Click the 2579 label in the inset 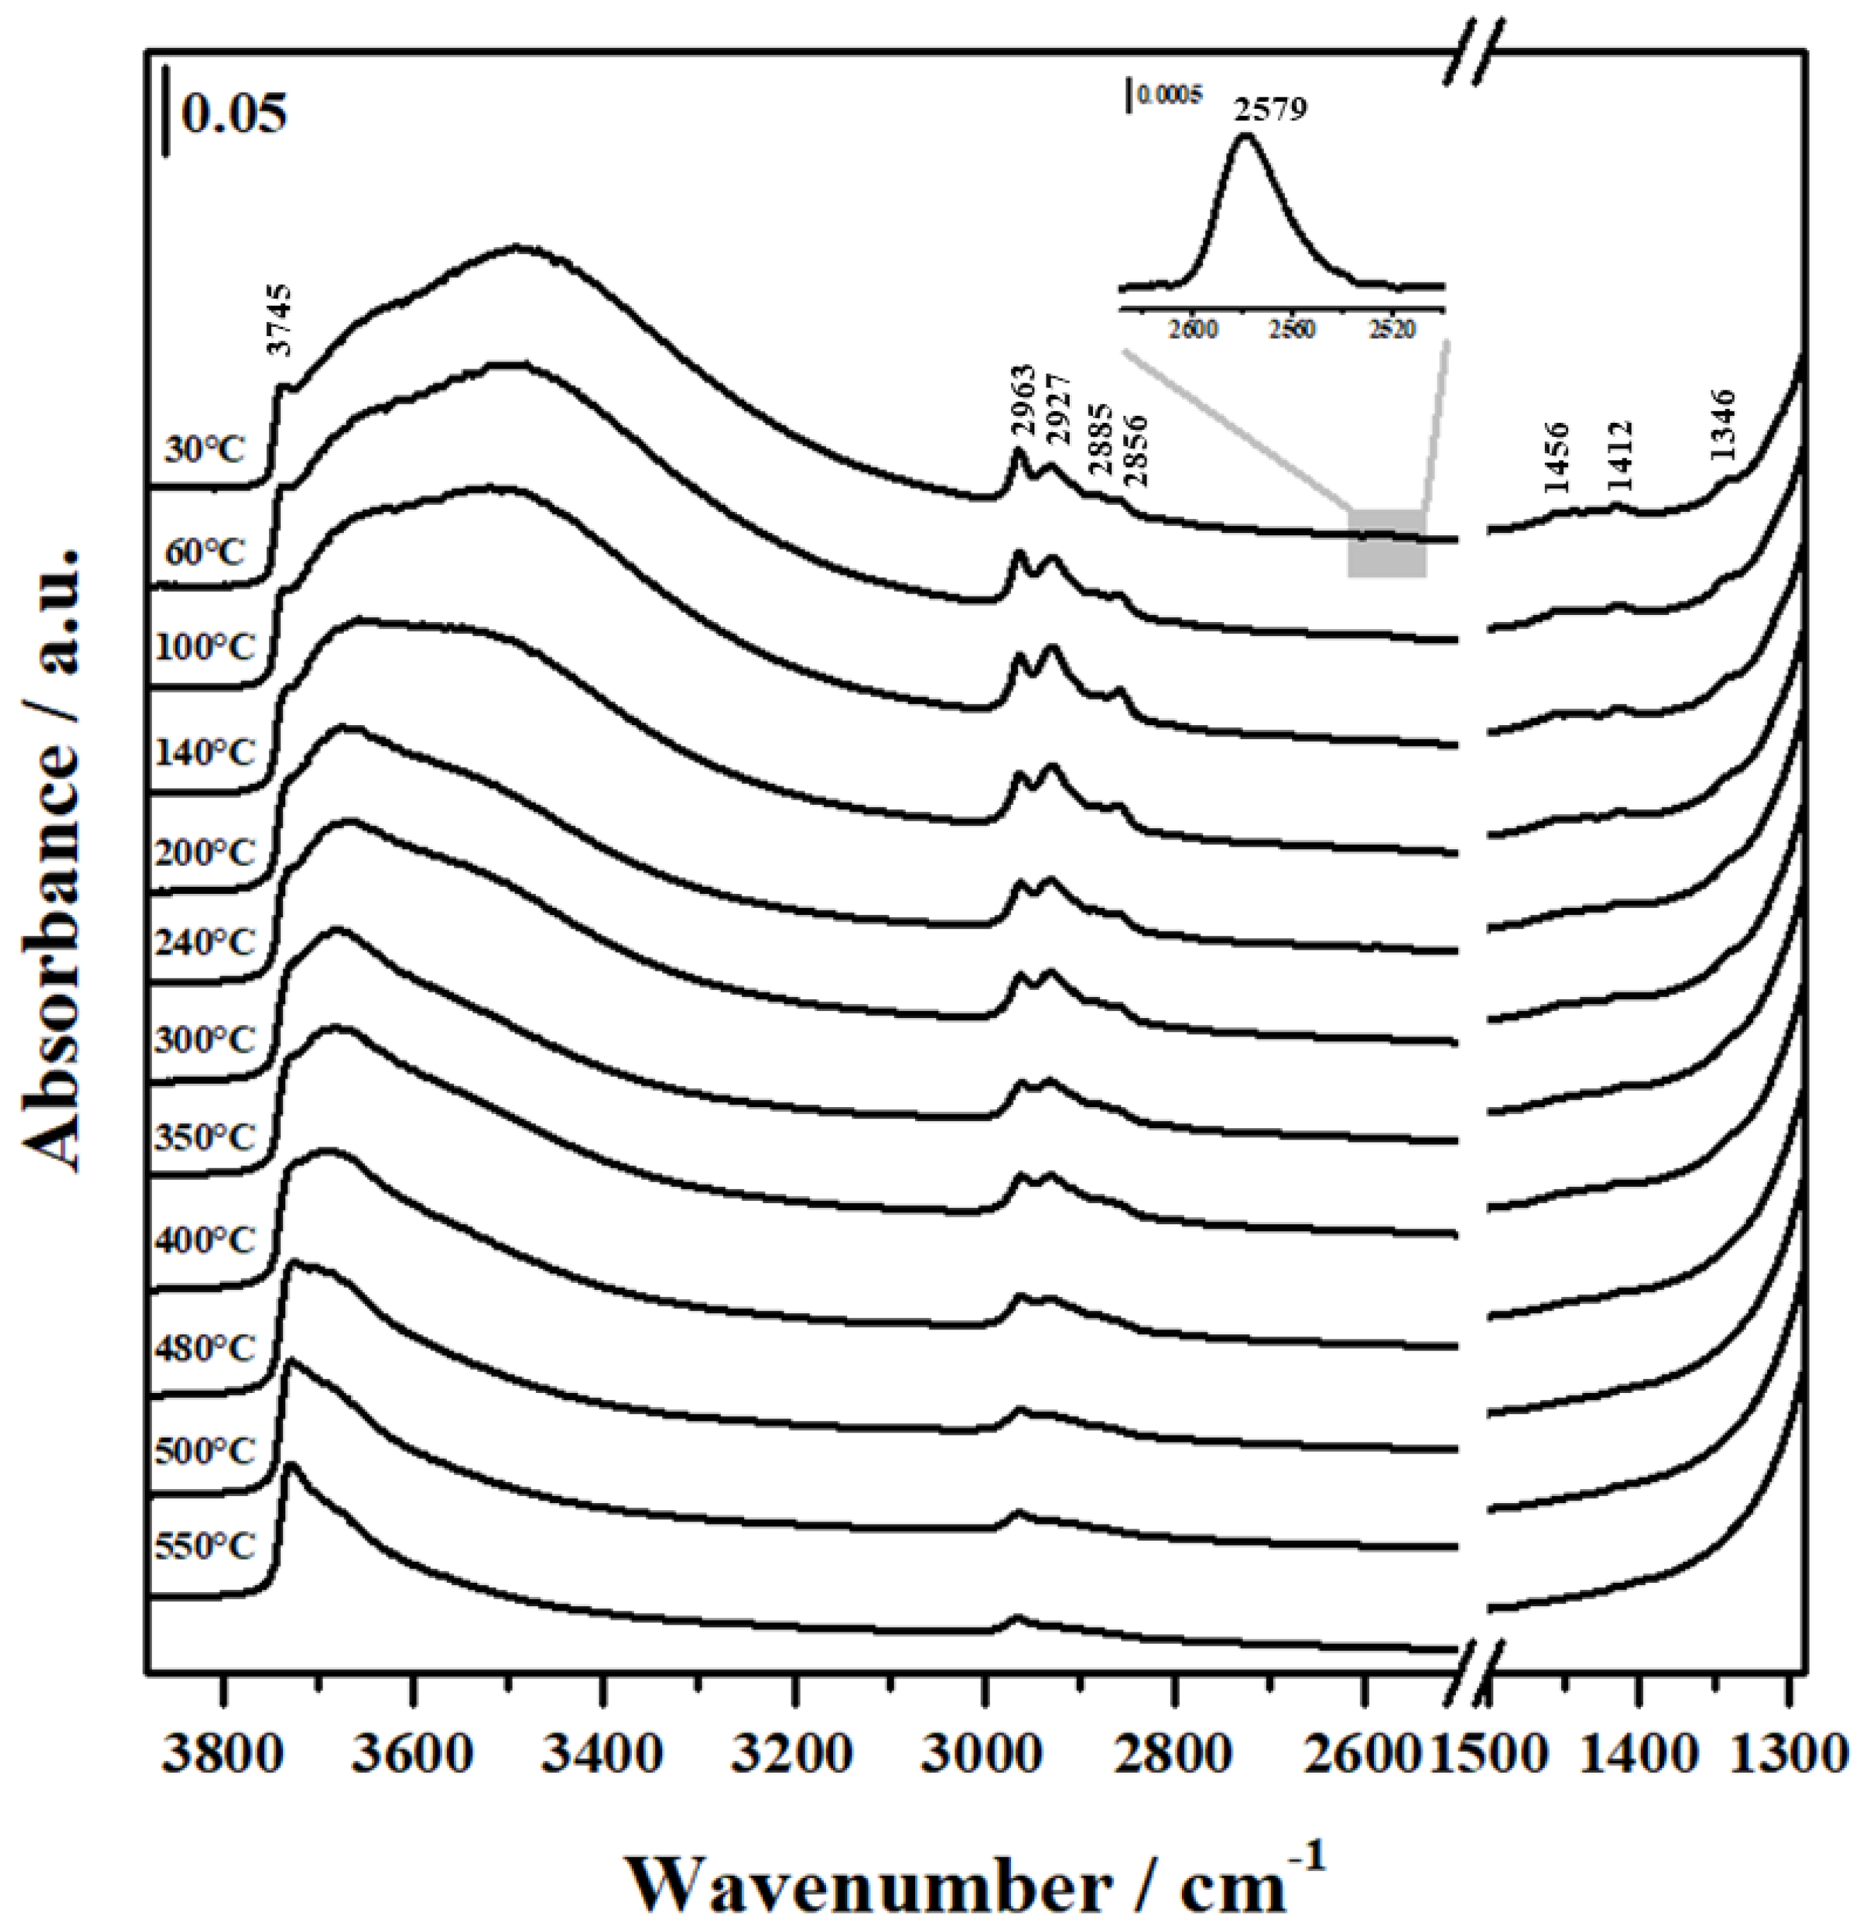coord(1271,108)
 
